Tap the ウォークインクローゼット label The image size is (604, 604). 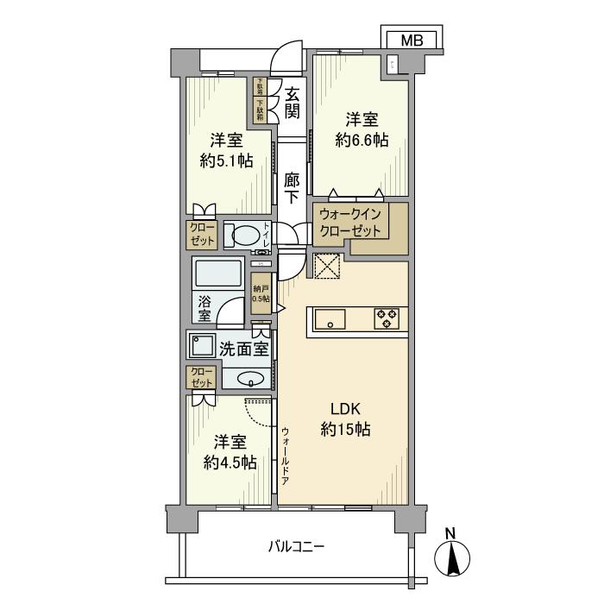(353, 223)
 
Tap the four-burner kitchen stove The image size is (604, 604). (386, 319)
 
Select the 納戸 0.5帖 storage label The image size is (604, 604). (260, 293)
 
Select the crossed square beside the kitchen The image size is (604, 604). (328, 267)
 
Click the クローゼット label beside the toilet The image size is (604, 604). (203, 234)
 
